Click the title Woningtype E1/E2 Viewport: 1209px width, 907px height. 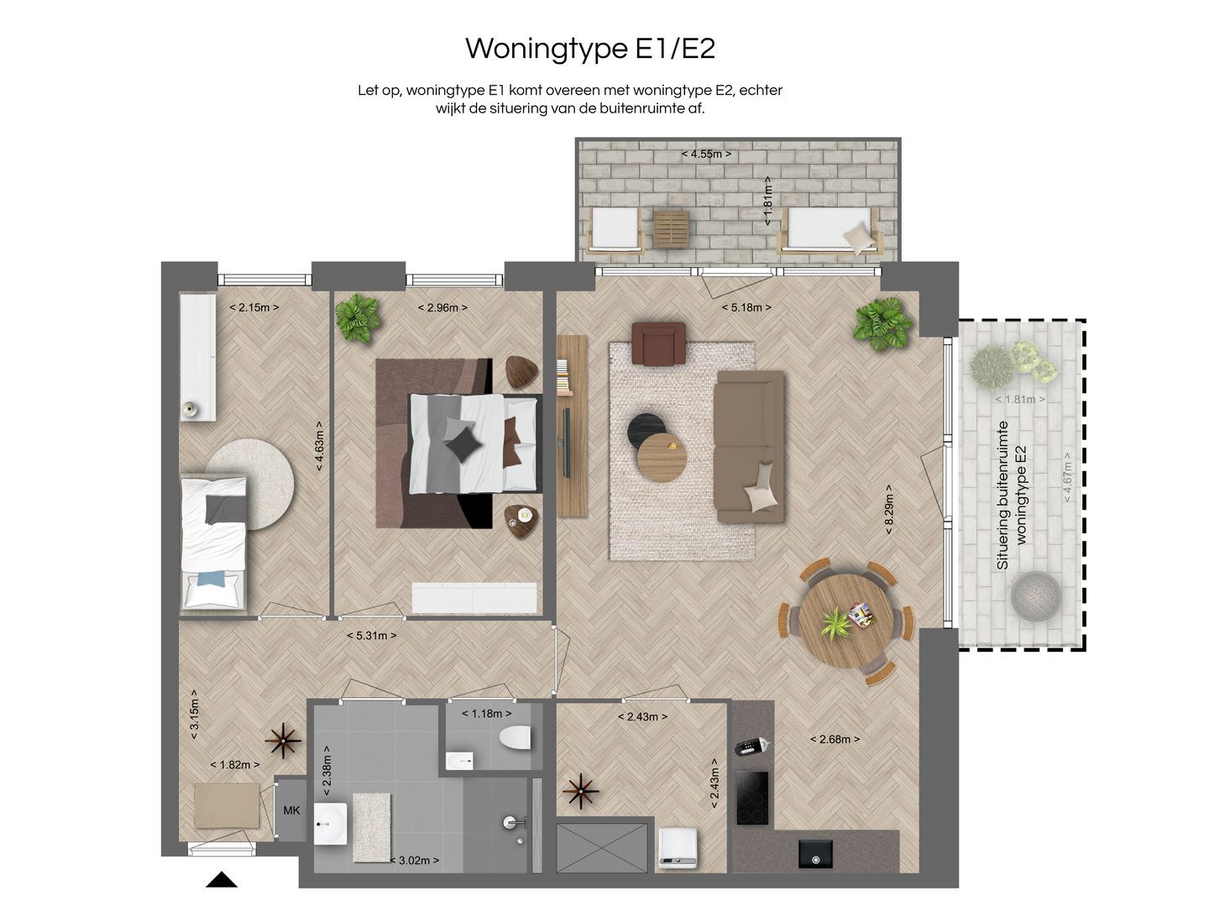(590, 49)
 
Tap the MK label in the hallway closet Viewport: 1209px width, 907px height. (291, 810)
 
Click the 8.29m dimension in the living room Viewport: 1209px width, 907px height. (888, 510)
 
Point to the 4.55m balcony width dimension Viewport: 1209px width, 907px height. (706, 155)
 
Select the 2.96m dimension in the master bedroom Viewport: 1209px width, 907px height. (442, 308)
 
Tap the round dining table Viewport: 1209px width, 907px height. (845, 621)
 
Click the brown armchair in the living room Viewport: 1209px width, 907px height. (659, 343)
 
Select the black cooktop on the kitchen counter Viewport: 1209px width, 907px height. (752, 798)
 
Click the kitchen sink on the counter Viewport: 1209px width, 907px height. (815, 853)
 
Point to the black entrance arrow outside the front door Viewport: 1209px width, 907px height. (222, 879)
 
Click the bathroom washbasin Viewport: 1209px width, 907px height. (331, 824)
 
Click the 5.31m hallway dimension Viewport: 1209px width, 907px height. (372, 636)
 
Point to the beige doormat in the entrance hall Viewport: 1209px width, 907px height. (227, 805)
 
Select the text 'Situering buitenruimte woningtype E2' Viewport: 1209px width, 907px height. (1012, 495)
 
